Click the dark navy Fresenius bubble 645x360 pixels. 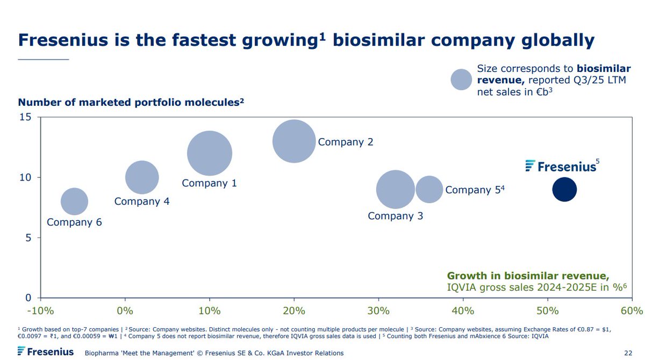[x=564, y=189]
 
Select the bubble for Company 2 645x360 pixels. [x=293, y=141]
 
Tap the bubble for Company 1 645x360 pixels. [x=210, y=153]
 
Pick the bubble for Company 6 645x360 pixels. [x=74, y=201]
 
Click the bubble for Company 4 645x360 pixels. [x=142, y=177]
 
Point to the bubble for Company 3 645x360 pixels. [x=396, y=189]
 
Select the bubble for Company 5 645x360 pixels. [x=429, y=189]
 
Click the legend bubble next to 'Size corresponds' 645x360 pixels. [x=461, y=80]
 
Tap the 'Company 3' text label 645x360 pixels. [x=395, y=216]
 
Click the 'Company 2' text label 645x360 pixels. [x=345, y=142]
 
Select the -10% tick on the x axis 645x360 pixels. [x=41, y=311]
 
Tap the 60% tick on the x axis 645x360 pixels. [x=632, y=311]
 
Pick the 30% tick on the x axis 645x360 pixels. [x=378, y=311]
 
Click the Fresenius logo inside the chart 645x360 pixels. [x=561, y=166]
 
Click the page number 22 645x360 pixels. [x=628, y=352]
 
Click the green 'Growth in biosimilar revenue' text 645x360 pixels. [x=528, y=276]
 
